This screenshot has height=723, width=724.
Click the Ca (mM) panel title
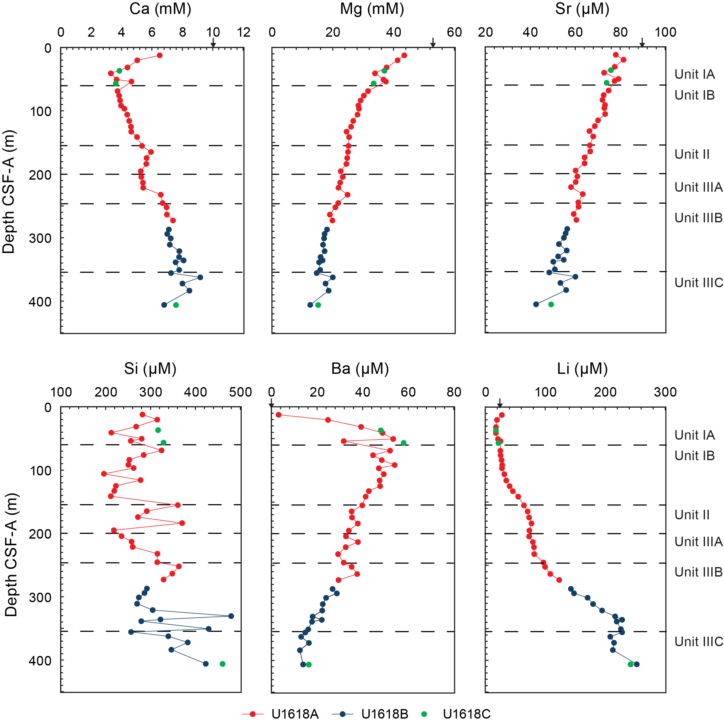click(160, 9)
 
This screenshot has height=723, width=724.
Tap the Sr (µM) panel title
click(582, 9)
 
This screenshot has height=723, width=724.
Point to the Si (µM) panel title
click(150, 369)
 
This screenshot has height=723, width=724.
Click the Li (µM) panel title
click(582, 369)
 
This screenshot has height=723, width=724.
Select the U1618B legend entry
click(370, 714)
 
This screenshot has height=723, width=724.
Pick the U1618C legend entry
click(457, 714)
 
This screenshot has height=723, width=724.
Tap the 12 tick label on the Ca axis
click(244, 33)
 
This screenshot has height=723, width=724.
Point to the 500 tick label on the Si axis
click(240, 392)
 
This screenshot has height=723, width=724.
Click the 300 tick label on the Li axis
click(665, 392)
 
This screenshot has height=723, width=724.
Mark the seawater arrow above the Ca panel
click(213, 43)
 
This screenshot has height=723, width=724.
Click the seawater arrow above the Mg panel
click(433, 43)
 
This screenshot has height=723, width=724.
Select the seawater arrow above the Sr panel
click(642, 43)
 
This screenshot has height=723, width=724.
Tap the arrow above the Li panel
click(499, 403)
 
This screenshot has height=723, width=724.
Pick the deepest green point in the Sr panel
click(551, 304)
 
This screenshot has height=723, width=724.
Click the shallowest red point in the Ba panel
click(278, 415)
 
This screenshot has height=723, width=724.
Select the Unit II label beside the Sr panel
click(692, 154)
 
